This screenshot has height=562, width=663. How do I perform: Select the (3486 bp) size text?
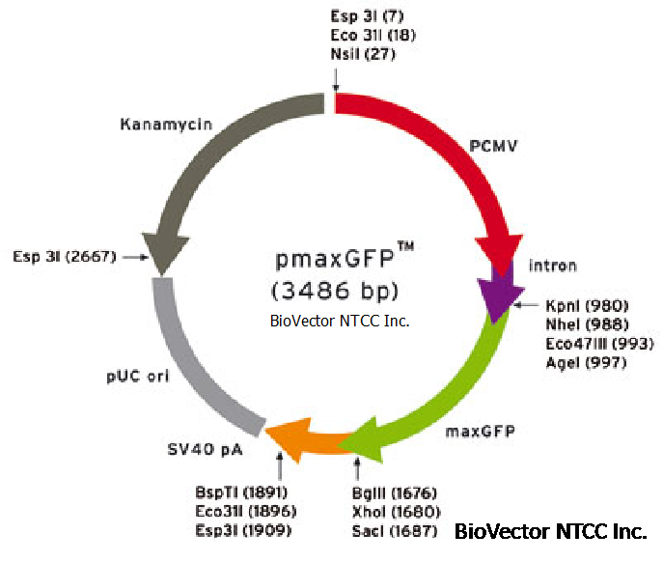click(334, 290)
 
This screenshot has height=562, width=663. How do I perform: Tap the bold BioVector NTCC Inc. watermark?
click(550, 531)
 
